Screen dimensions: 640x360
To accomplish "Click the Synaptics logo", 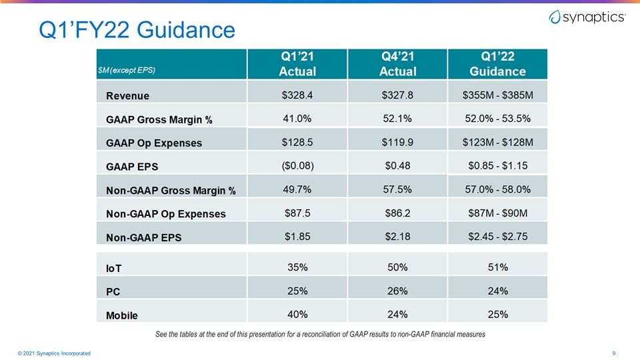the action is [x=587, y=17].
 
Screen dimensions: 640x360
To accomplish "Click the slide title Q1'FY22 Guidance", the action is [x=137, y=30].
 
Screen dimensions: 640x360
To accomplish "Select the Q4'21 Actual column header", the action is [x=397, y=64].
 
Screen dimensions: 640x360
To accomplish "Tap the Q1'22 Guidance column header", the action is [x=497, y=64].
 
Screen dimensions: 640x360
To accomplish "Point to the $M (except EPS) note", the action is [x=127, y=70].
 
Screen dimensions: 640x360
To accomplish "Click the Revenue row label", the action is [x=127, y=96].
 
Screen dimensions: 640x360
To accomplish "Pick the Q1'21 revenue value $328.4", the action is [x=297, y=95].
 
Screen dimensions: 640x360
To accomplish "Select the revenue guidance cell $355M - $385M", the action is [x=497, y=95].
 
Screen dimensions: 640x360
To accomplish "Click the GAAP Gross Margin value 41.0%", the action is [x=297, y=119].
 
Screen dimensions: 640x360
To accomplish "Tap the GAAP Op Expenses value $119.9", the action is [x=397, y=142].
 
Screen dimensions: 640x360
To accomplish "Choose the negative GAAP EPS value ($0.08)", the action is [x=297, y=166].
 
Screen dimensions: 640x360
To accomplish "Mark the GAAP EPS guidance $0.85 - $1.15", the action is [x=497, y=166].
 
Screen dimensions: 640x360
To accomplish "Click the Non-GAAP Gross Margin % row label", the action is [x=171, y=191].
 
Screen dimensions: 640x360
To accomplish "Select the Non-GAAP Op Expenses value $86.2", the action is [x=397, y=213].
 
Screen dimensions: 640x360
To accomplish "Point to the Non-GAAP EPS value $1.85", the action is [x=297, y=237].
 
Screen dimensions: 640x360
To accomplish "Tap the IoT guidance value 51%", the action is [x=498, y=267].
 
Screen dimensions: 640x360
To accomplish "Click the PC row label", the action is [x=113, y=292].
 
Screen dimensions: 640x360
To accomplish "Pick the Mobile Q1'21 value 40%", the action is [x=297, y=314].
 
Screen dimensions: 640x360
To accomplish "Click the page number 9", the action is [x=613, y=353].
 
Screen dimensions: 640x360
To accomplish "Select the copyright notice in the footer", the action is [x=54, y=353].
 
